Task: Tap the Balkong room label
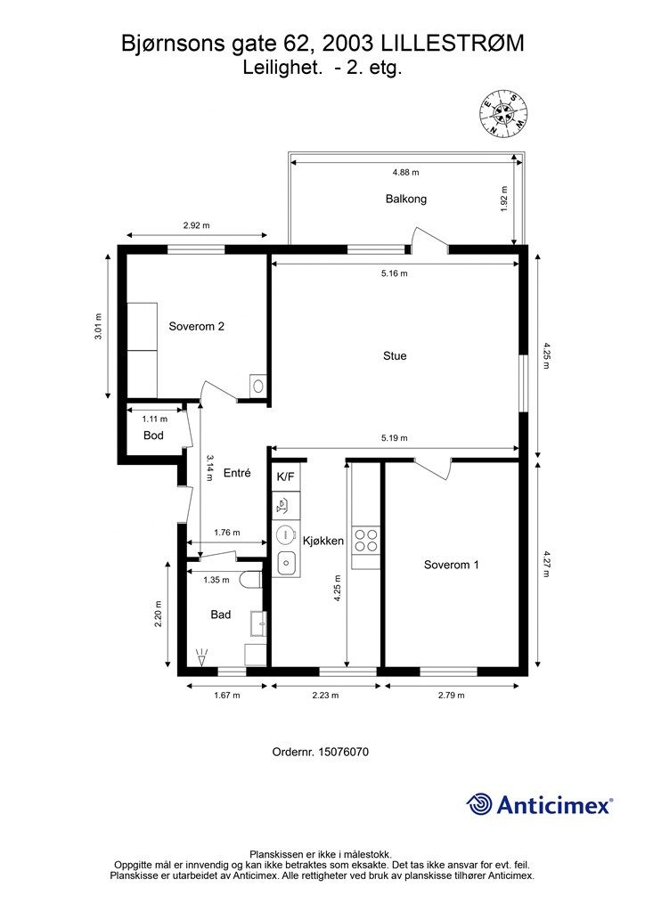pyautogui.click(x=406, y=199)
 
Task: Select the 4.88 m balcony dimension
pyautogui.click(x=405, y=172)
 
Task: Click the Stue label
pyautogui.click(x=395, y=356)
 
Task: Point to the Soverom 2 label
pyautogui.click(x=196, y=326)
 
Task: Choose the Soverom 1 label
pyautogui.click(x=452, y=565)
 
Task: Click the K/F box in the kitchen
pyautogui.click(x=286, y=477)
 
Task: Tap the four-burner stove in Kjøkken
pyautogui.click(x=365, y=540)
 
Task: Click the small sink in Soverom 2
pyautogui.click(x=258, y=385)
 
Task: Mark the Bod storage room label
pyautogui.click(x=153, y=435)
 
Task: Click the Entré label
pyautogui.click(x=237, y=473)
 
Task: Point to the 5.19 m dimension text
pyautogui.click(x=395, y=438)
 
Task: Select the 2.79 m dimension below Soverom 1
pyautogui.click(x=452, y=695)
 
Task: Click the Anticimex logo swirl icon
pyautogui.click(x=478, y=805)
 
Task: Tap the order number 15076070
pyautogui.click(x=344, y=752)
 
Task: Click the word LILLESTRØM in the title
pyautogui.click(x=452, y=44)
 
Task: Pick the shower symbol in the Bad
pyautogui.click(x=202, y=658)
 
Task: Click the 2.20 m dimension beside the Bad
pyautogui.click(x=159, y=614)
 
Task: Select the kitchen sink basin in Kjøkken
pyautogui.click(x=287, y=563)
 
